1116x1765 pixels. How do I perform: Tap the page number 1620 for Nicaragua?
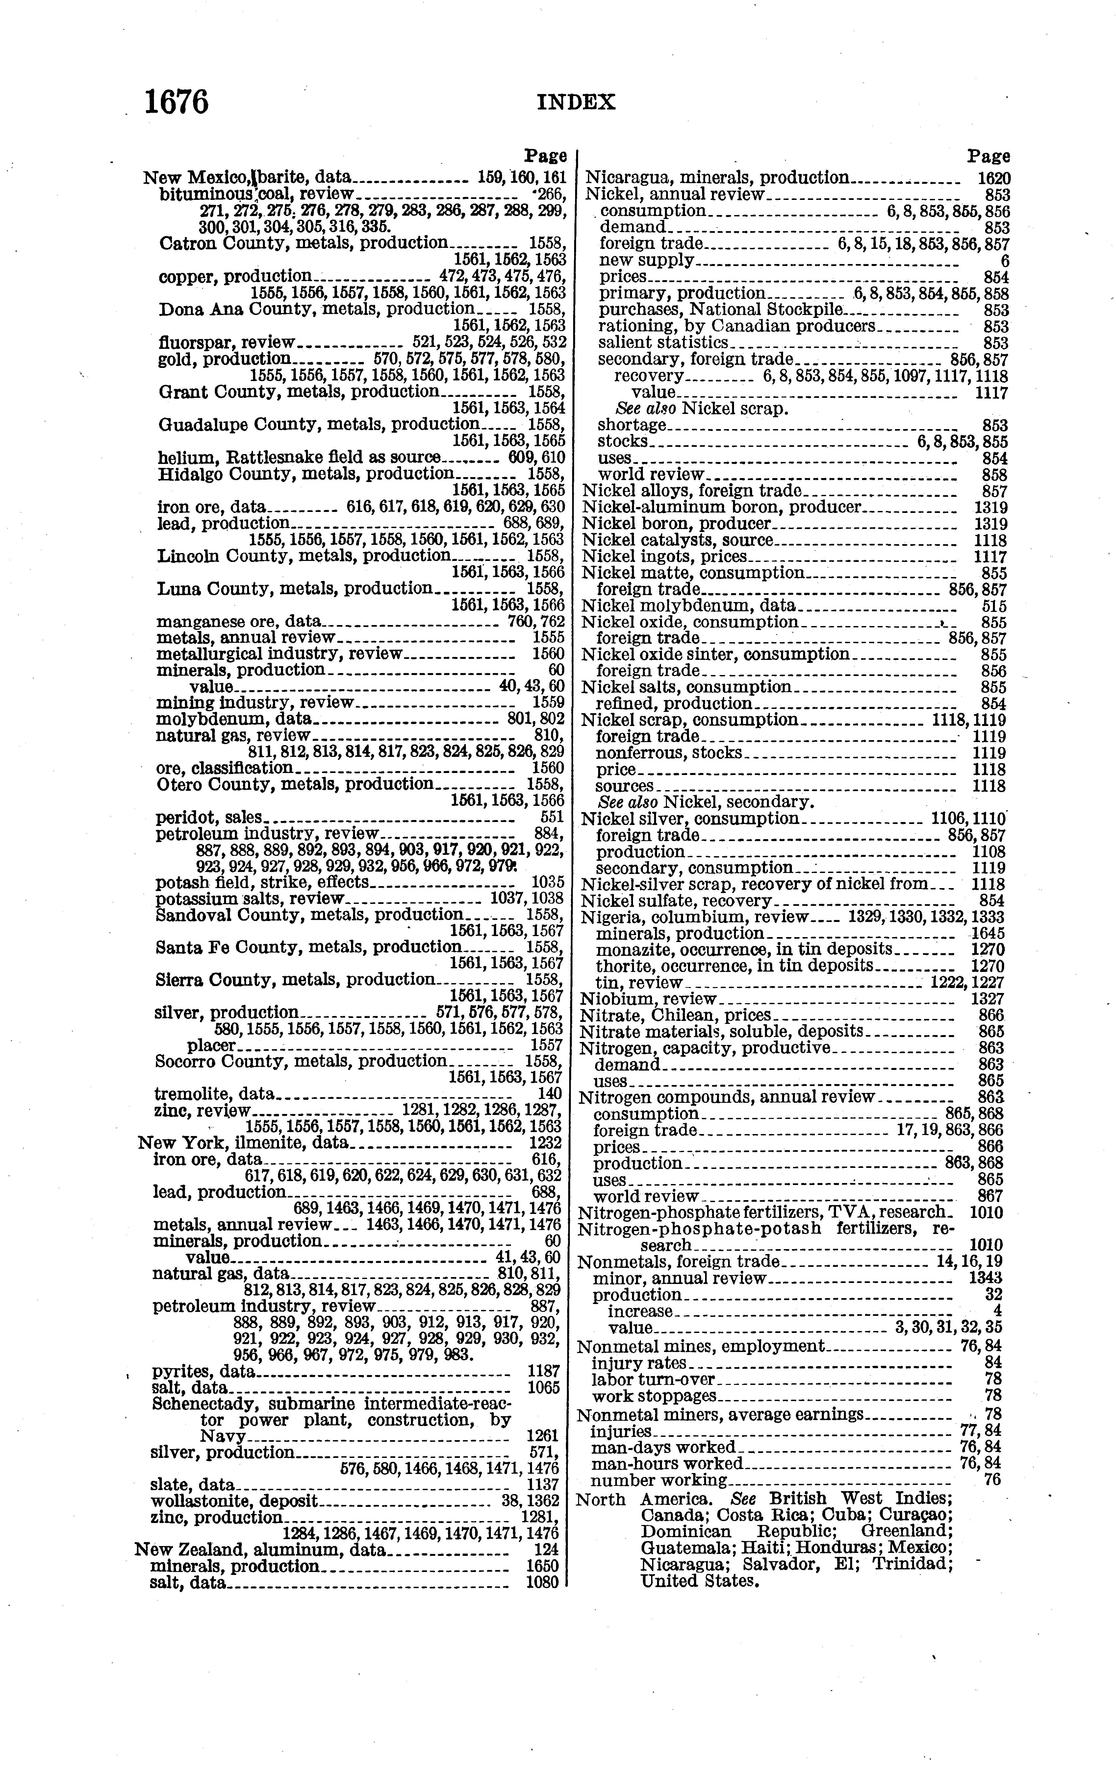(994, 178)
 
